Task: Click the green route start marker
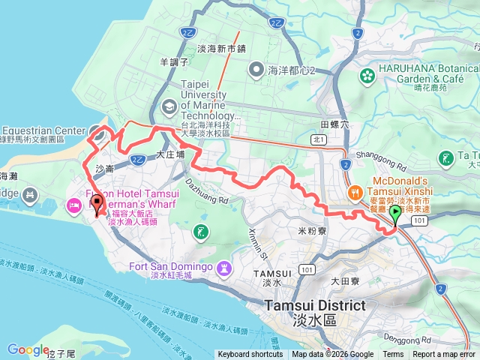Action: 395,214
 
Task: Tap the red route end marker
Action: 97,202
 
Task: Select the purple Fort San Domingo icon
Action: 223,268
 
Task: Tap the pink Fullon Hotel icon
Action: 74,205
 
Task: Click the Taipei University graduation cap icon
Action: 169,106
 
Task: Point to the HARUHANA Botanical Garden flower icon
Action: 367,75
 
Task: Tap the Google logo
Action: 28,349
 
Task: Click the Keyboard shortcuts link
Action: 250,355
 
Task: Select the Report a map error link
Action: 444,355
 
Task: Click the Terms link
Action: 393,355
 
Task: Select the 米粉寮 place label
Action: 311,231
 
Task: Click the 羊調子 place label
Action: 173,61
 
